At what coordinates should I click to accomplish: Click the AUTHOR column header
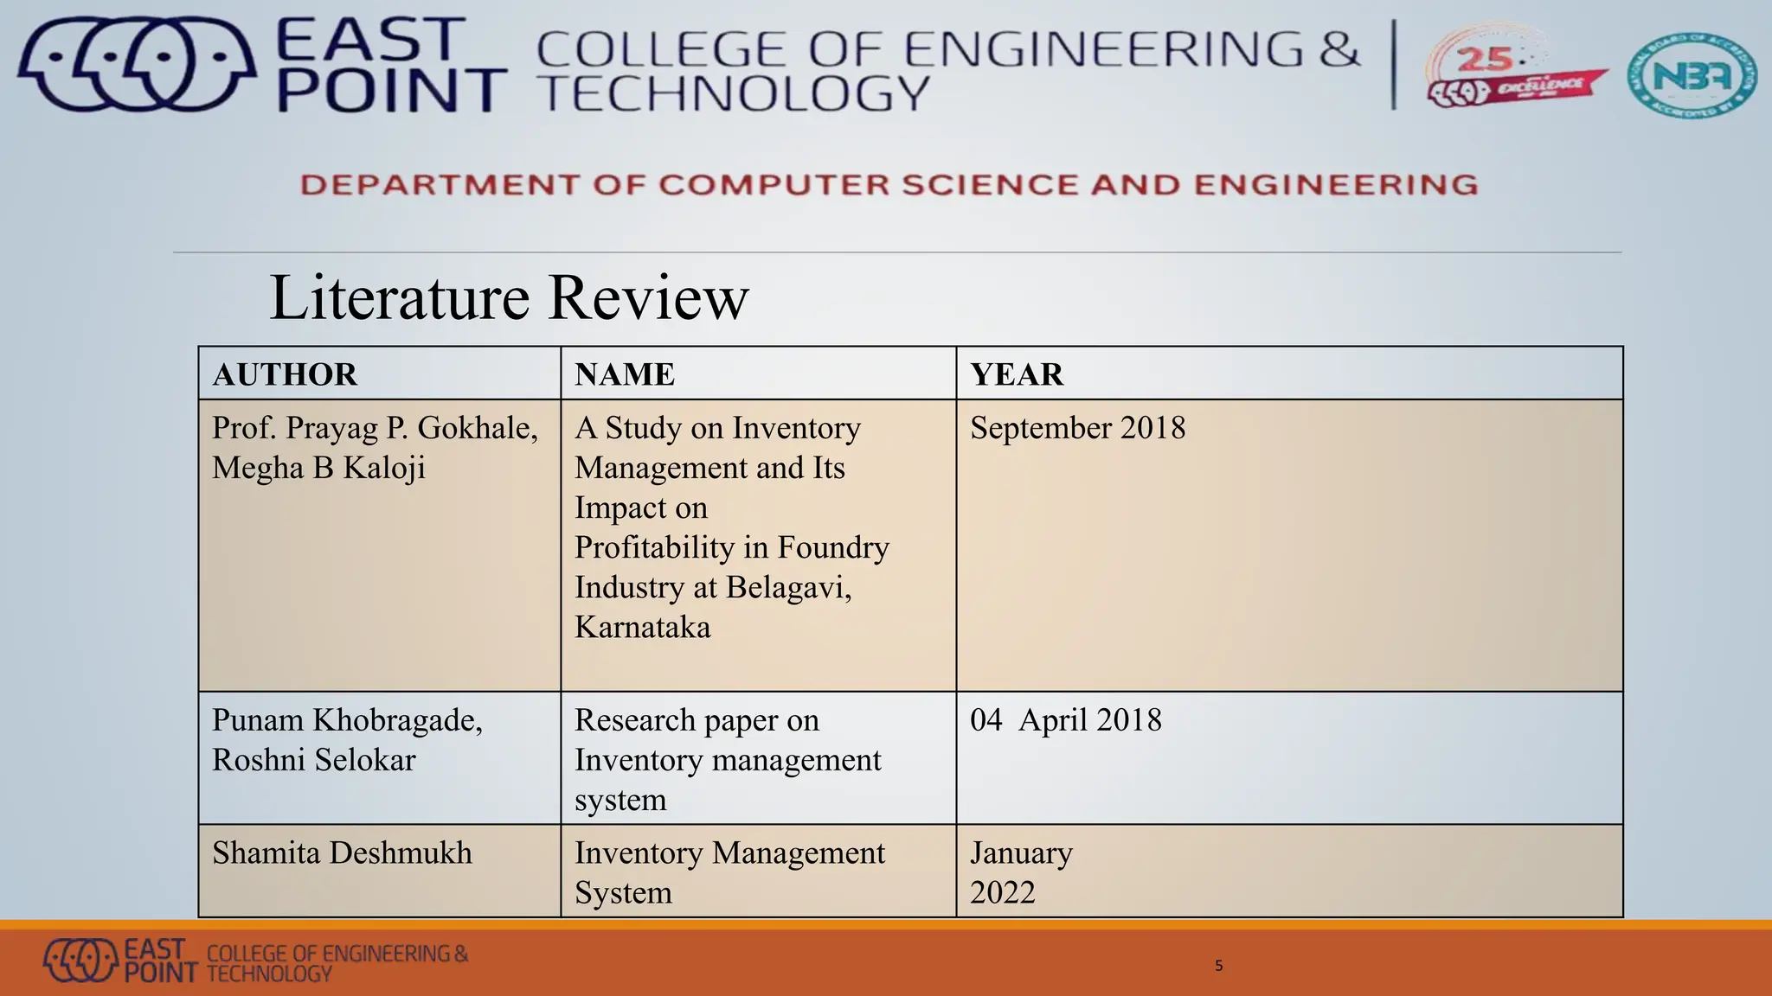(x=285, y=374)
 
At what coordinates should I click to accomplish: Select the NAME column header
(x=625, y=374)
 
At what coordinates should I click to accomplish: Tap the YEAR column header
(x=1017, y=374)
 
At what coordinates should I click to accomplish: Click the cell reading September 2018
(x=1077, y=428)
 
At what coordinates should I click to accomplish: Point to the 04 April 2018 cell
(x=1065, y=720)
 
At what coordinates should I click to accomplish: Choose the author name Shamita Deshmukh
(x=342, y=853)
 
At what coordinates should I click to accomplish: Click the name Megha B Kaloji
(x=318, y=468)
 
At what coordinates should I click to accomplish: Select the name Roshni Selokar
(x=313, y=760)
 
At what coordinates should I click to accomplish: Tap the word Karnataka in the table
(x=642, y=627)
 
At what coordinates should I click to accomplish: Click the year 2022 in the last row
(x=1002, y=892)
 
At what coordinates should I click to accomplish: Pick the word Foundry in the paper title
(x=833, y=547)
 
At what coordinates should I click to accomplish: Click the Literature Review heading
(x=509, y=297)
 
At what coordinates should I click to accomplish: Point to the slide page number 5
(x=1218, y=966)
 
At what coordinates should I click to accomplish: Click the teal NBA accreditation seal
(x=1691, y=75)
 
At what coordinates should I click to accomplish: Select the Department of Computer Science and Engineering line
(x=889, y=185)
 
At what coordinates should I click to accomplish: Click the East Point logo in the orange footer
(x=80, y=960)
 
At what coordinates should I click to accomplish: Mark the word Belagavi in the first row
(x=787, y=587)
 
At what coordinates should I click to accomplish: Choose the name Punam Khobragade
(x=347, y=720)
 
